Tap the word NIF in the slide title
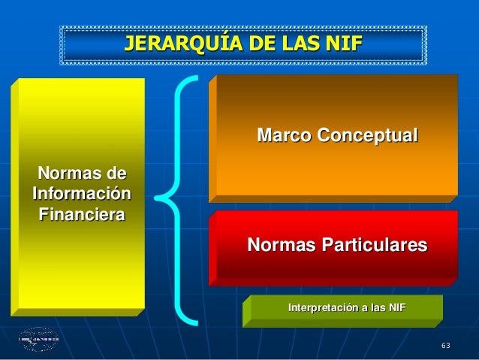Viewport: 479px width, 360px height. tap(344, 44)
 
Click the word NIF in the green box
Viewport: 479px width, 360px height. tap(394, 308)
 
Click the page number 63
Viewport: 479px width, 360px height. tap(446, 346)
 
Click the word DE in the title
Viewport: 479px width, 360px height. tap(253, 44)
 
